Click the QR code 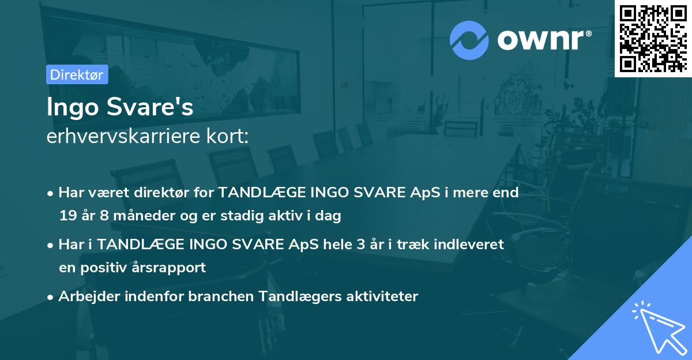[x=653, y=38]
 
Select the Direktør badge [x=77, y=74]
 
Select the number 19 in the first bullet [x=67, y=216]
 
